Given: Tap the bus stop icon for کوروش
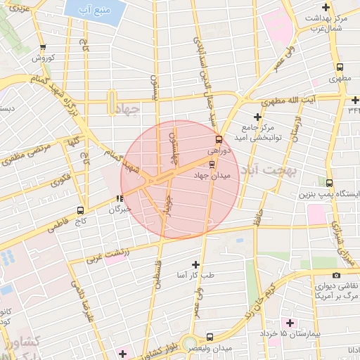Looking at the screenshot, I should click(x=44, y=49).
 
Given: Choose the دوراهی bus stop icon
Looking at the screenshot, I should click(x=218, y=139).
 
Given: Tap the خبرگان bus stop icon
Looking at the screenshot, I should click(x=120, y=199).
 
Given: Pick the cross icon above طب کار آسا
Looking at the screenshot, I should click(x=195, y=263).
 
